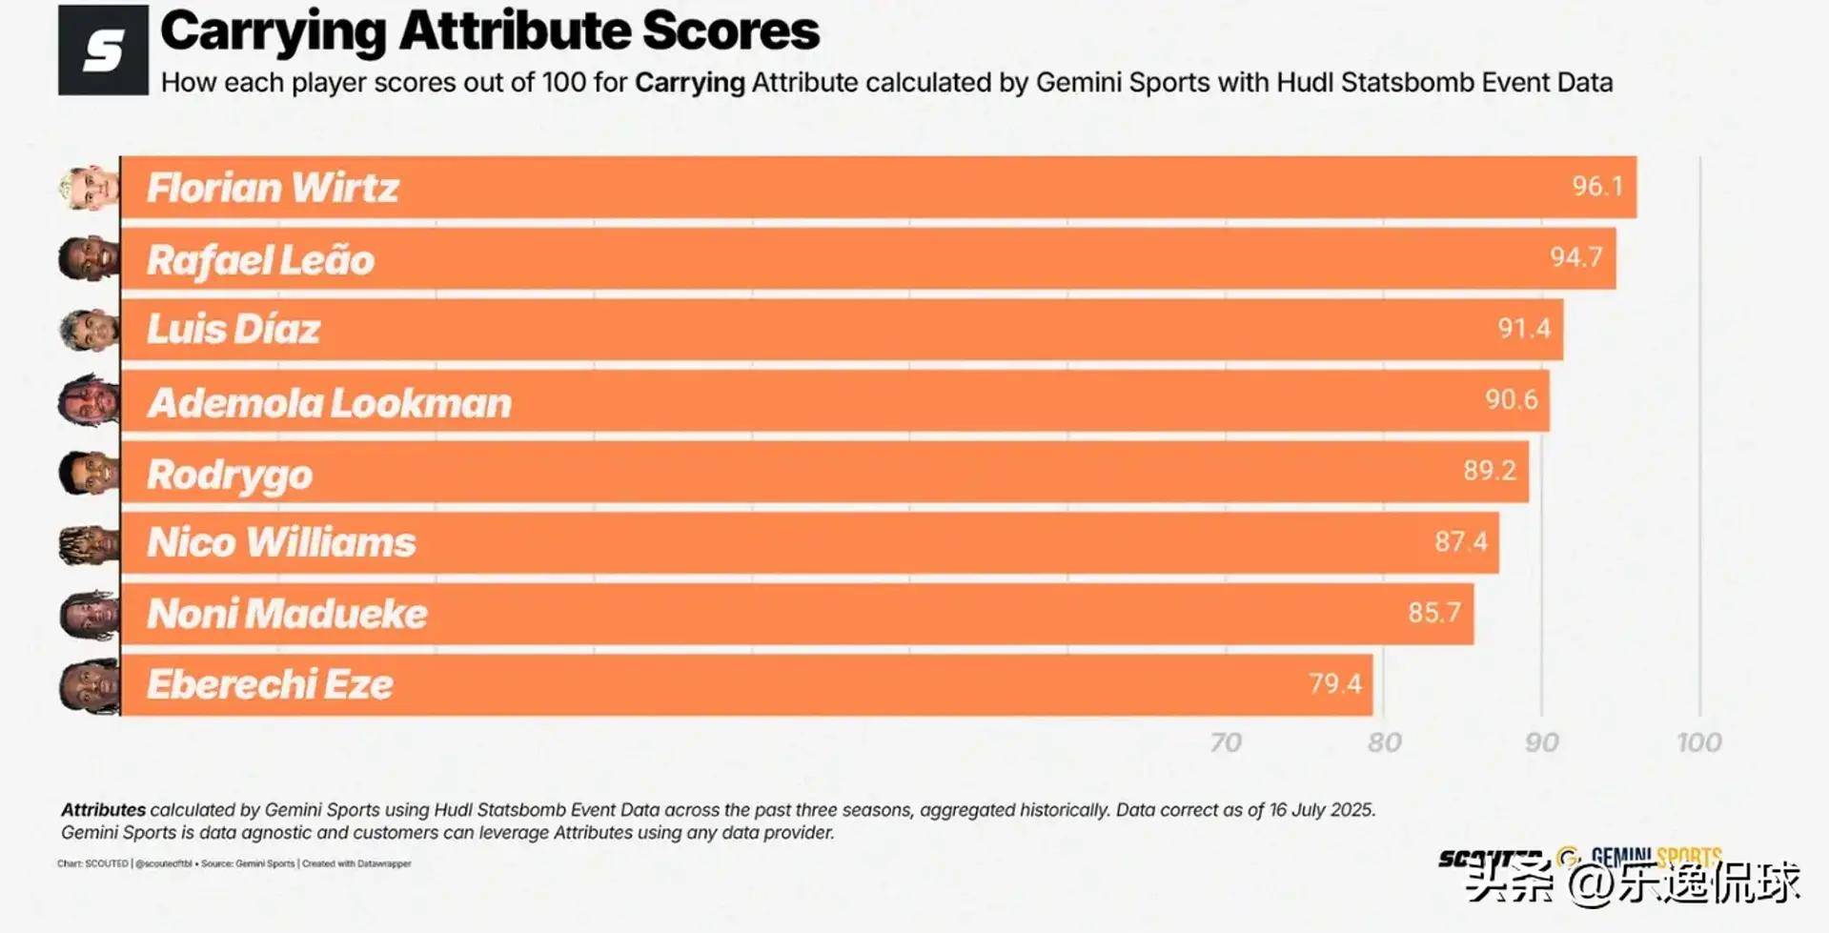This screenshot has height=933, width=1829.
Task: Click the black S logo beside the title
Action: point(103,50)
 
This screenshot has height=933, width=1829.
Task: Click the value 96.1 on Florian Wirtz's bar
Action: point(1597,186)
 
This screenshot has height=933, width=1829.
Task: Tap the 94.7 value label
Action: point(1575,257)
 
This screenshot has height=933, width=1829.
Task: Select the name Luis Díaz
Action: point(234,330)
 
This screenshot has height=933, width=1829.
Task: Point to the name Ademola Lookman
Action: point(330,403)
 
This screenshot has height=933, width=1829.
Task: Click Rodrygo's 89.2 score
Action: point(1490,471)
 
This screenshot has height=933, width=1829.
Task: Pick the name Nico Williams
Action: point(281,542)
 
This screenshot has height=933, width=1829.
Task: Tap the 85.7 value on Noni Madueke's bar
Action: point(1434,612)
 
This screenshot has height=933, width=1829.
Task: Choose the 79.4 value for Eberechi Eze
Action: point(1334,683)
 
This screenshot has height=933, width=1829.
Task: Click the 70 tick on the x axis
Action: point(1226,742)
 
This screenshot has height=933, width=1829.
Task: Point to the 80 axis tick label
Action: point(1384,742)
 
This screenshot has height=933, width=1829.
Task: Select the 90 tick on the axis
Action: point(1541,742)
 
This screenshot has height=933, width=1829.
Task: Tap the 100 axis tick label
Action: point(1699,742)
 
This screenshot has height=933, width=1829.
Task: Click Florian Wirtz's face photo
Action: point(90,187)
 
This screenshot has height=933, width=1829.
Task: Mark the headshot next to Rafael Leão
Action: point(90,258)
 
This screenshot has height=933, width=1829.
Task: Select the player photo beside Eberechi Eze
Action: point(90,685)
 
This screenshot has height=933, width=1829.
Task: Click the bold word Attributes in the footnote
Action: point(103,810)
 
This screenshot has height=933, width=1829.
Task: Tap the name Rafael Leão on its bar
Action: point(260,260)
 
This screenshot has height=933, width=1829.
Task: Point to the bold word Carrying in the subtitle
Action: point(689,83)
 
